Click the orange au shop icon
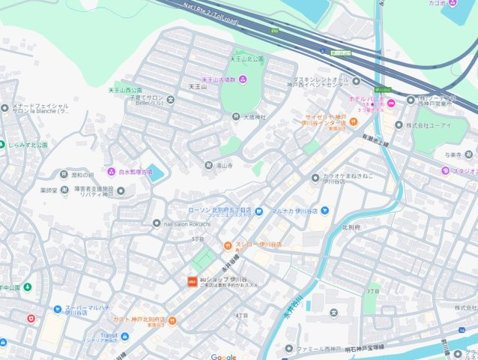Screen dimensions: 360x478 [191, 280]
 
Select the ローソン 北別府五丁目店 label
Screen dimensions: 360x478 [216, 211]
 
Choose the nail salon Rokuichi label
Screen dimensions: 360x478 [187, 223]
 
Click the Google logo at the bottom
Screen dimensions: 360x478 [223, 356]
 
